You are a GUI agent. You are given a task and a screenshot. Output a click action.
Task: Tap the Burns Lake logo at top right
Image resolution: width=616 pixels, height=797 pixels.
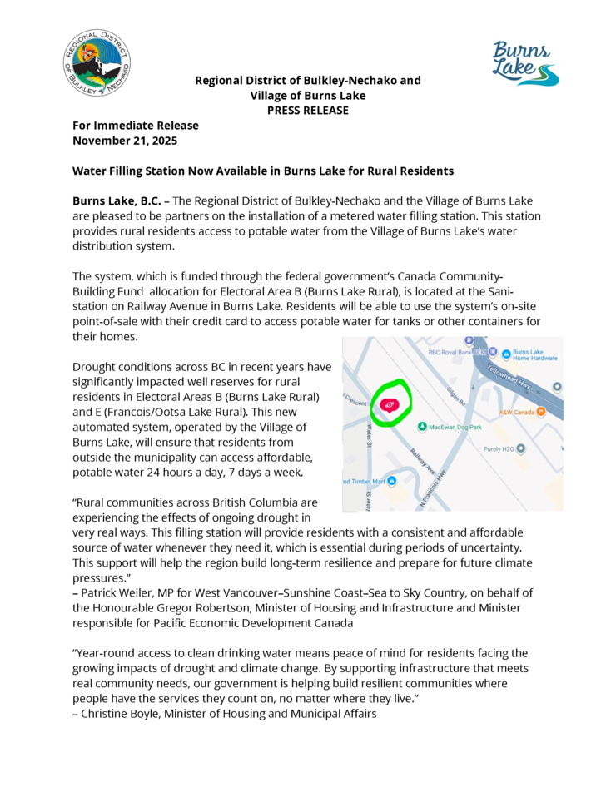coord(525,63)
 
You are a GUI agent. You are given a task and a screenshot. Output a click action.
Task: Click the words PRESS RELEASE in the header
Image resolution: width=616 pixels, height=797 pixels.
coord(307,111)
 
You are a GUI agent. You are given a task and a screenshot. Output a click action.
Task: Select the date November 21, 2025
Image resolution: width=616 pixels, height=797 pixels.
coord(125,140)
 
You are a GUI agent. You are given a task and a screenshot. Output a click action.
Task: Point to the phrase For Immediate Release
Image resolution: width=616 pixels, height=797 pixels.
coord(136,126)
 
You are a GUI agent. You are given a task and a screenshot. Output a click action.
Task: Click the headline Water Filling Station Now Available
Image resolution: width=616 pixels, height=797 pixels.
coord(262,171)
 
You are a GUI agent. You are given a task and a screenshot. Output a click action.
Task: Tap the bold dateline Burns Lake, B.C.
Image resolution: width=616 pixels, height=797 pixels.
coord(117,201)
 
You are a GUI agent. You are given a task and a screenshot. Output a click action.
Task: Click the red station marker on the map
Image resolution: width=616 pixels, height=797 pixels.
coord(389,404)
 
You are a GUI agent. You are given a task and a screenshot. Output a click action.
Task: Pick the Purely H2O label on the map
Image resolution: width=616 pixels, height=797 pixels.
coord(498,448)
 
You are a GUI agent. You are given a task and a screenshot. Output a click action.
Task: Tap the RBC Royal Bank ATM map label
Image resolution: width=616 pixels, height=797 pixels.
coord(457,353)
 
